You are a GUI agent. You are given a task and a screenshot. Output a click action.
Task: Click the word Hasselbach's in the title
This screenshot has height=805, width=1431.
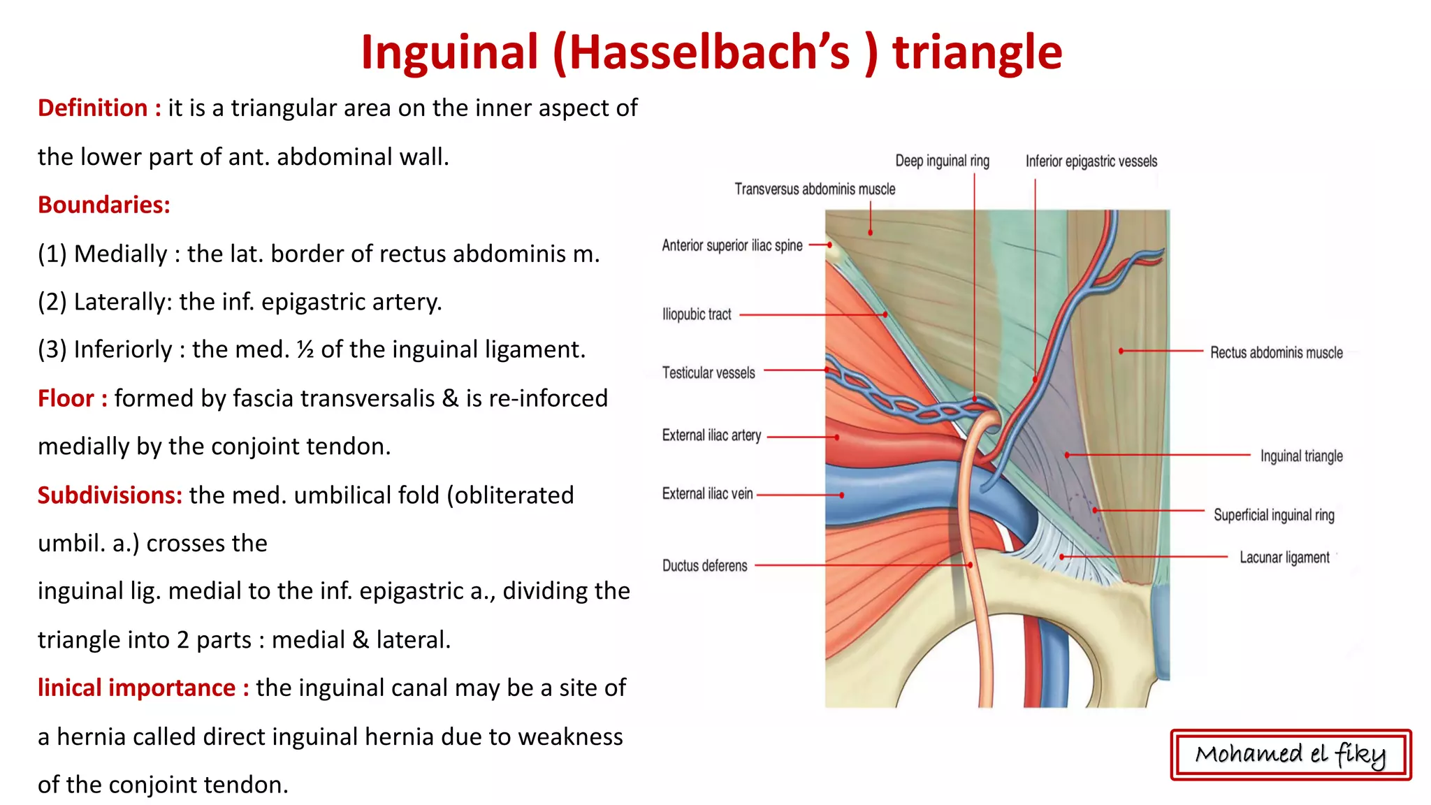[711, 53]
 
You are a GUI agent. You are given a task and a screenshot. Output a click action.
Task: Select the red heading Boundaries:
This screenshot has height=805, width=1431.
[104, 205]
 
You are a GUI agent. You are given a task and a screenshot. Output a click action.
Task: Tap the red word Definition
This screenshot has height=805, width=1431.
[92, 108]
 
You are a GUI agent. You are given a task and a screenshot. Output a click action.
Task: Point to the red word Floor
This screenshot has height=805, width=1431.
[66, 398]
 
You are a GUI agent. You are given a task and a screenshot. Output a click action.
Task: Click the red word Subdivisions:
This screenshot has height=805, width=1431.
[110, 495]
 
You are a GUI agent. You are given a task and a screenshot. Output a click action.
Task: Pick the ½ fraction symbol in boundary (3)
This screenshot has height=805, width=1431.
[305, 349]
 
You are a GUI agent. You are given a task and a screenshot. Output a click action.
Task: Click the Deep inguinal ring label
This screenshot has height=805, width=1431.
[942, 161]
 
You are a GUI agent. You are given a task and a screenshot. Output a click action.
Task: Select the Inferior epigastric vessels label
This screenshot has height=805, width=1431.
[1091, 161]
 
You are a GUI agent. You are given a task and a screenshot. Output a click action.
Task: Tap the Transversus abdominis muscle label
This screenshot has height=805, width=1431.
[815, 189]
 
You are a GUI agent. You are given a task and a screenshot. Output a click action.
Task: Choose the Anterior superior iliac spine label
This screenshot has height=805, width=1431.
[732, 245]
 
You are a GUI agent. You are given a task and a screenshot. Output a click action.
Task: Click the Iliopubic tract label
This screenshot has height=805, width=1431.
[697, 314]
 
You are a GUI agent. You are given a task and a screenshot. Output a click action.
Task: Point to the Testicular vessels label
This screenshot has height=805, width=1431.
[709, 373]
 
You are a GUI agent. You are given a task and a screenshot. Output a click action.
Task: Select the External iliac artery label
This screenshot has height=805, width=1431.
[711, 435]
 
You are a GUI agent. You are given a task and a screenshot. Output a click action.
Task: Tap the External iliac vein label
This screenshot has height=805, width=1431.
[707, 494]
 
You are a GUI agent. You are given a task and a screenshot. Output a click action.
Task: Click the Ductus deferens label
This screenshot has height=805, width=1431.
[704, 566]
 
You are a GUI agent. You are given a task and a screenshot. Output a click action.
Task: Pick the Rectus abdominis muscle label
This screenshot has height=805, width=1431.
[1276, 353]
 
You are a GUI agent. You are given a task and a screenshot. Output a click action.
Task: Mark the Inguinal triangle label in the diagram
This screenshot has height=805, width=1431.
[1301, 456]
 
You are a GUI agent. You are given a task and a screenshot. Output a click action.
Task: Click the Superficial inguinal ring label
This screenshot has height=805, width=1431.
[1274, 515]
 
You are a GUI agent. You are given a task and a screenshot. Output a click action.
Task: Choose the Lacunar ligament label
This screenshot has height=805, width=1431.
[1284, 558]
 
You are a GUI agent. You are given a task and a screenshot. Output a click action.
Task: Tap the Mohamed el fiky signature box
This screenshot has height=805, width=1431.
[1291, 755]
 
